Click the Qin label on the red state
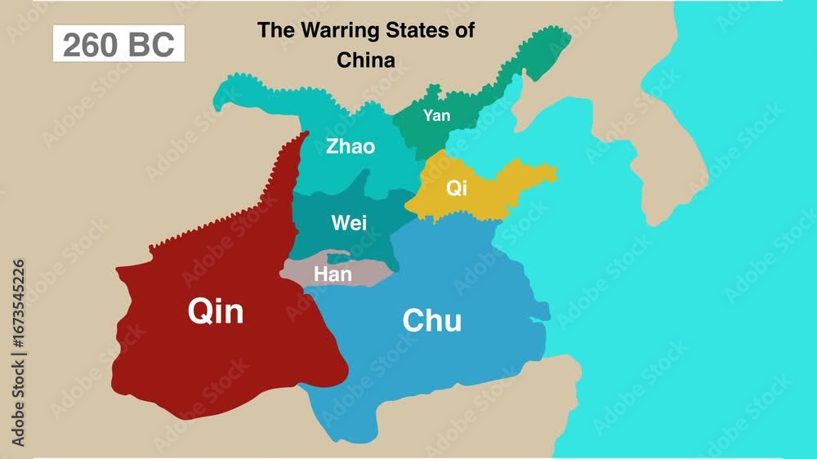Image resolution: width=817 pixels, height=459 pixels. (x=216, y=310)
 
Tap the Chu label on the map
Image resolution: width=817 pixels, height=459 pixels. (x=431, y=321)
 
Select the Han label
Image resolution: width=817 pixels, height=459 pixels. (x=333, y=274)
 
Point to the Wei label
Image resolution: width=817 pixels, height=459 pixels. (x=349, y=222)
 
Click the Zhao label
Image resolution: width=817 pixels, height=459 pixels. (x=350, y=147)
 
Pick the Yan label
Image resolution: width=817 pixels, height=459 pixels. (x=437, y=116)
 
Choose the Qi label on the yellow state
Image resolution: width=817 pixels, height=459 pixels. (x=456, y=188)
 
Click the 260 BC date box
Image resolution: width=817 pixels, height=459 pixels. (x=118, y=44)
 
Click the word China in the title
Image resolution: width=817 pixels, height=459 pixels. (x=366, y=60)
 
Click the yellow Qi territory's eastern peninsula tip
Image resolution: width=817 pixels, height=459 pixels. (x=551, y=173)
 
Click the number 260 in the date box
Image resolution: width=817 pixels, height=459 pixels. (x=91, y=44)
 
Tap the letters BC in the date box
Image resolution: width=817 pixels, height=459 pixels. (x=152, y=44)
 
